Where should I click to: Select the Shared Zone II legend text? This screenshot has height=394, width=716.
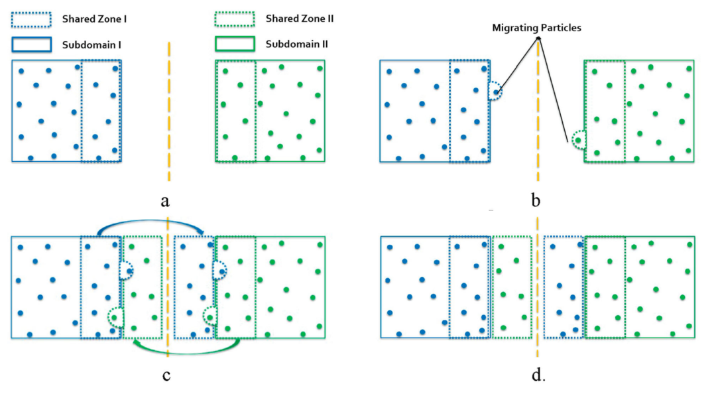coord(300,19)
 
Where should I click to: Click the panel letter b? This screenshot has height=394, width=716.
coord(537,200)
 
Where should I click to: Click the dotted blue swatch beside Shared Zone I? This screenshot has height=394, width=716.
coord(31,20)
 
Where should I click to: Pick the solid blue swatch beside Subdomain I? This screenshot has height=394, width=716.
coord(31,45)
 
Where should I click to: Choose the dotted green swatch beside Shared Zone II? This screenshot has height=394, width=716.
coord(235,20)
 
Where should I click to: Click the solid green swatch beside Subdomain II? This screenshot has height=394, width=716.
coord(235,45)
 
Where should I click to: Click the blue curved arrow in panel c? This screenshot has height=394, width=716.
coord(152,224)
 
